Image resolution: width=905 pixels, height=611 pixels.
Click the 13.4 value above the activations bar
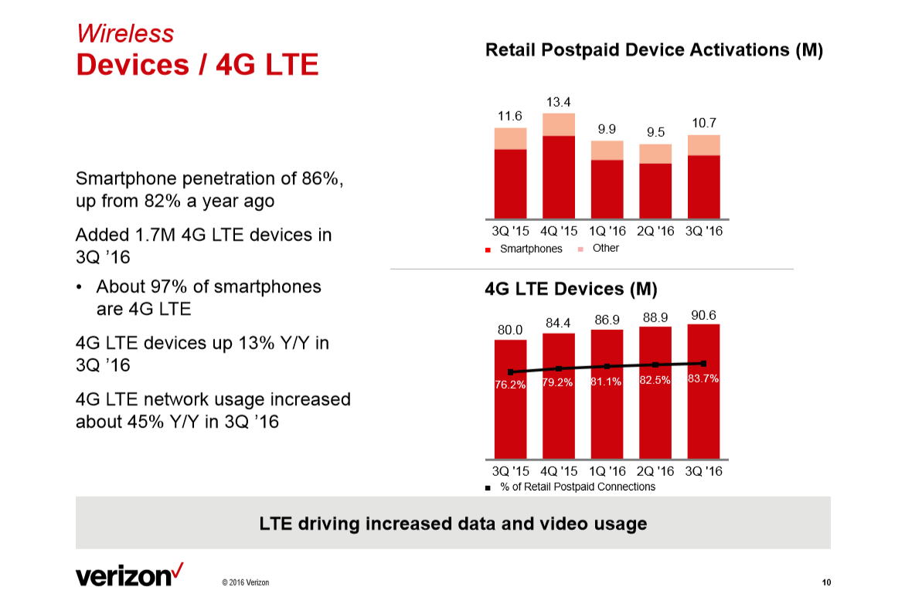tap(558, 102)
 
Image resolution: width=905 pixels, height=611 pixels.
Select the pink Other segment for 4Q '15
tap(558, 124)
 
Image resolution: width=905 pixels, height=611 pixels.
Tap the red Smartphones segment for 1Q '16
tap(607, 189)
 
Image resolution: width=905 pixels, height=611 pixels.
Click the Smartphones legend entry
tap(530, 249)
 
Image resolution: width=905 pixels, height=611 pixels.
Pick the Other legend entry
tap(605, 248)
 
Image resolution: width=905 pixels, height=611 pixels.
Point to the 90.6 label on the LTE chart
tap(703, 315)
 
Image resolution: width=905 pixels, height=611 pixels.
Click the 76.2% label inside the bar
tap(510, 385)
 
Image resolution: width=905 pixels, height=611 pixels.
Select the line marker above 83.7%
tap(703, 363)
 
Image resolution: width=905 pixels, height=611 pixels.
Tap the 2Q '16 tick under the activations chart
tap(655, 231)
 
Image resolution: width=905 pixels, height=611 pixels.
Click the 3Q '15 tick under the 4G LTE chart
tap(510, 470)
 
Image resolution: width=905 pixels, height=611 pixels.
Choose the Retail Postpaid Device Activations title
tap(654, 50)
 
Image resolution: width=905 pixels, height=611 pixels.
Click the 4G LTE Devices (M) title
tap(570, 289)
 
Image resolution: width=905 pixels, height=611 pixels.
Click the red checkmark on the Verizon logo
tap(178, 570)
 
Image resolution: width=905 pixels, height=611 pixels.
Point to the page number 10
tap(825, 582)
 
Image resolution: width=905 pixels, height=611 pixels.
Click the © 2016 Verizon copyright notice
tap(245, 582)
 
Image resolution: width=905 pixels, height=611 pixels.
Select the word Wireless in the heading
tap(124, 33)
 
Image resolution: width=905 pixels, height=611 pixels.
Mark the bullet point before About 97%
tap(81, 287)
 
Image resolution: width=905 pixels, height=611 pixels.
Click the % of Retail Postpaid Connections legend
tap(577, 487)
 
